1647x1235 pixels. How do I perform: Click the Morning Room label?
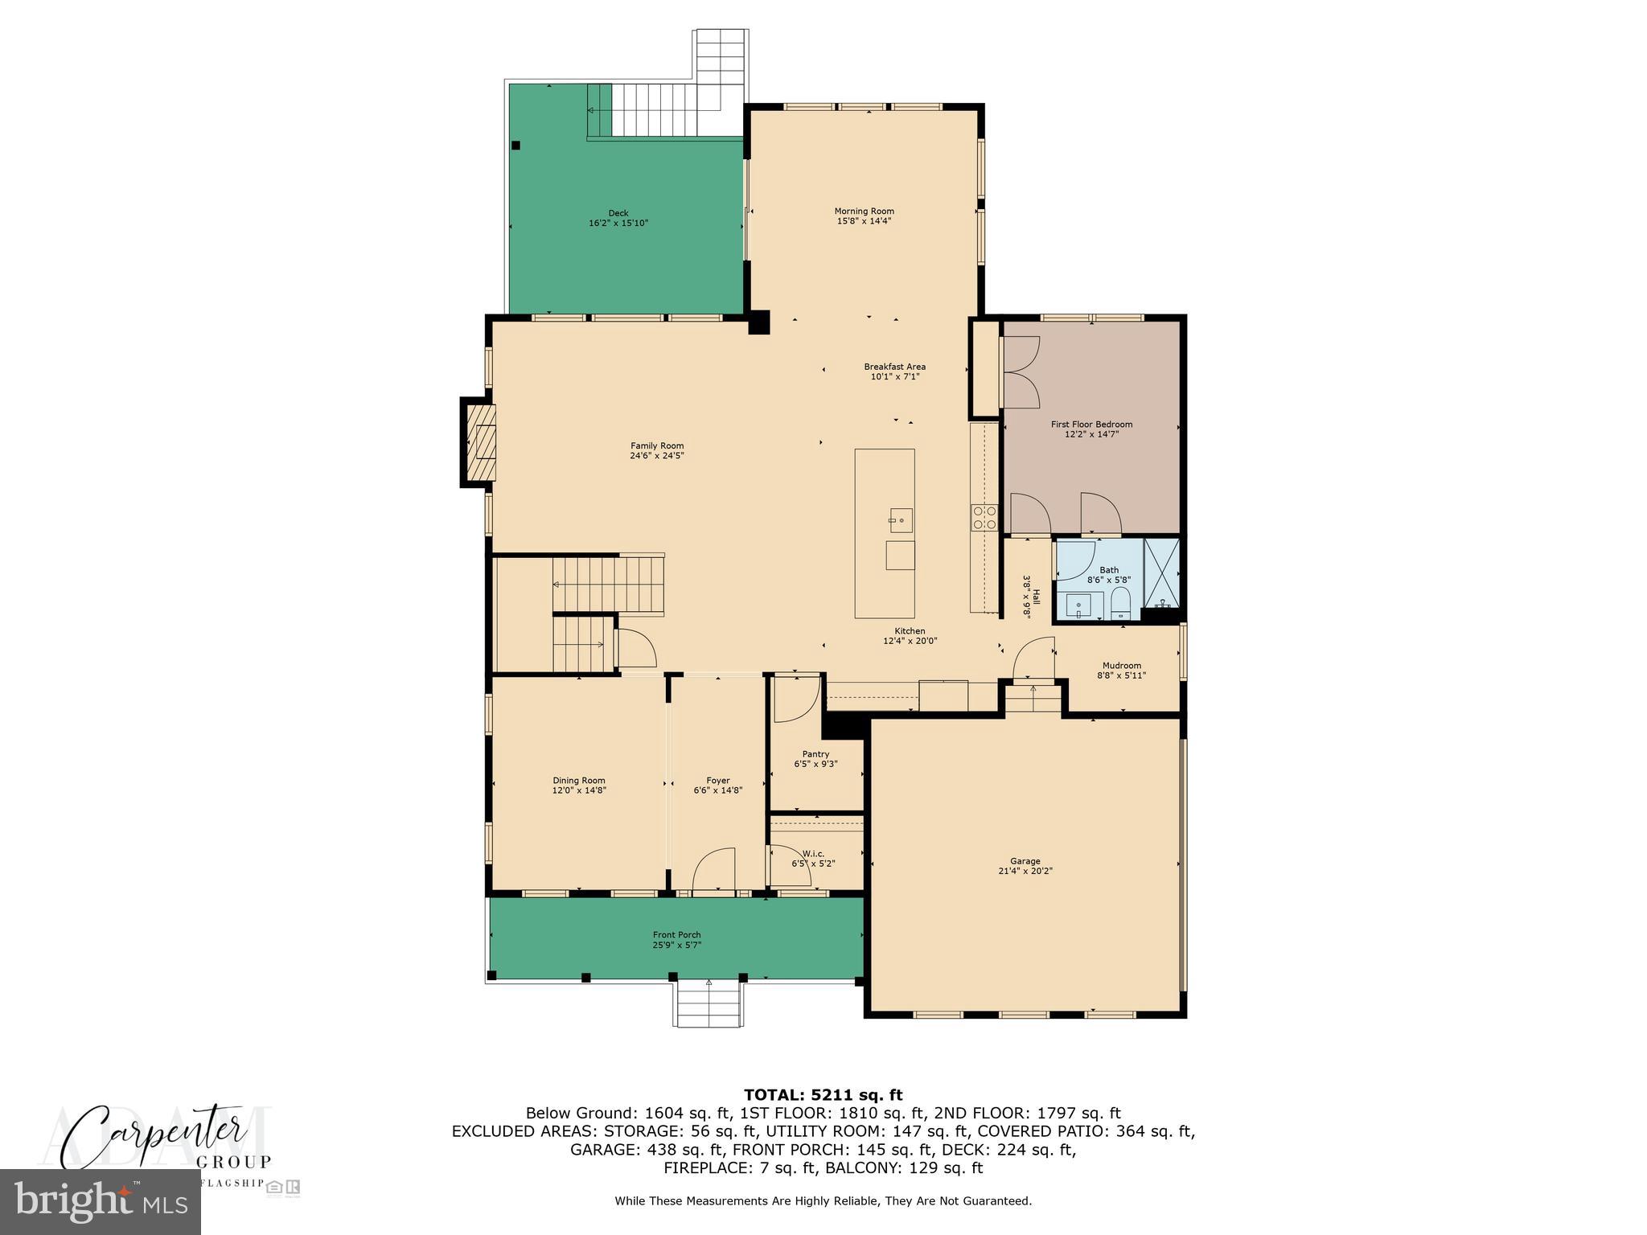coord(864,211)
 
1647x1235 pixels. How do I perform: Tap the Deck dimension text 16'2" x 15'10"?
coord(618,224)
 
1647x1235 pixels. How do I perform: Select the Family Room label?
coord(656,445)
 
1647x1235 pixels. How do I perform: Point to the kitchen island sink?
coord(900,520)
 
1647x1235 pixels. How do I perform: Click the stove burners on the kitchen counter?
coord(984,517)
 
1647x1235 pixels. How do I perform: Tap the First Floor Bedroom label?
coord(1091,424)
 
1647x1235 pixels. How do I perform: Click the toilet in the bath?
coord(1119,603)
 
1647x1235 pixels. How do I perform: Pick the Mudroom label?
coord(1121,665)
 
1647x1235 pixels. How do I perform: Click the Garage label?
coord(1025,861)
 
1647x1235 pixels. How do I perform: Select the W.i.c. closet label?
coord(813,853)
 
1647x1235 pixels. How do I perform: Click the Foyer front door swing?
coord(714,871)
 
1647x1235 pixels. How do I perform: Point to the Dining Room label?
coord(578,780)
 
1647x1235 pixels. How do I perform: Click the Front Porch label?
coord(676,934)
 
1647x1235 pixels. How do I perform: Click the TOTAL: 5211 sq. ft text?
coord(823,1094)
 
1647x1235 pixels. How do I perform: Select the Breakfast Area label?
coord(894,367)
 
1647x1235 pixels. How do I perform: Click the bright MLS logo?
coord(101,1202)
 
